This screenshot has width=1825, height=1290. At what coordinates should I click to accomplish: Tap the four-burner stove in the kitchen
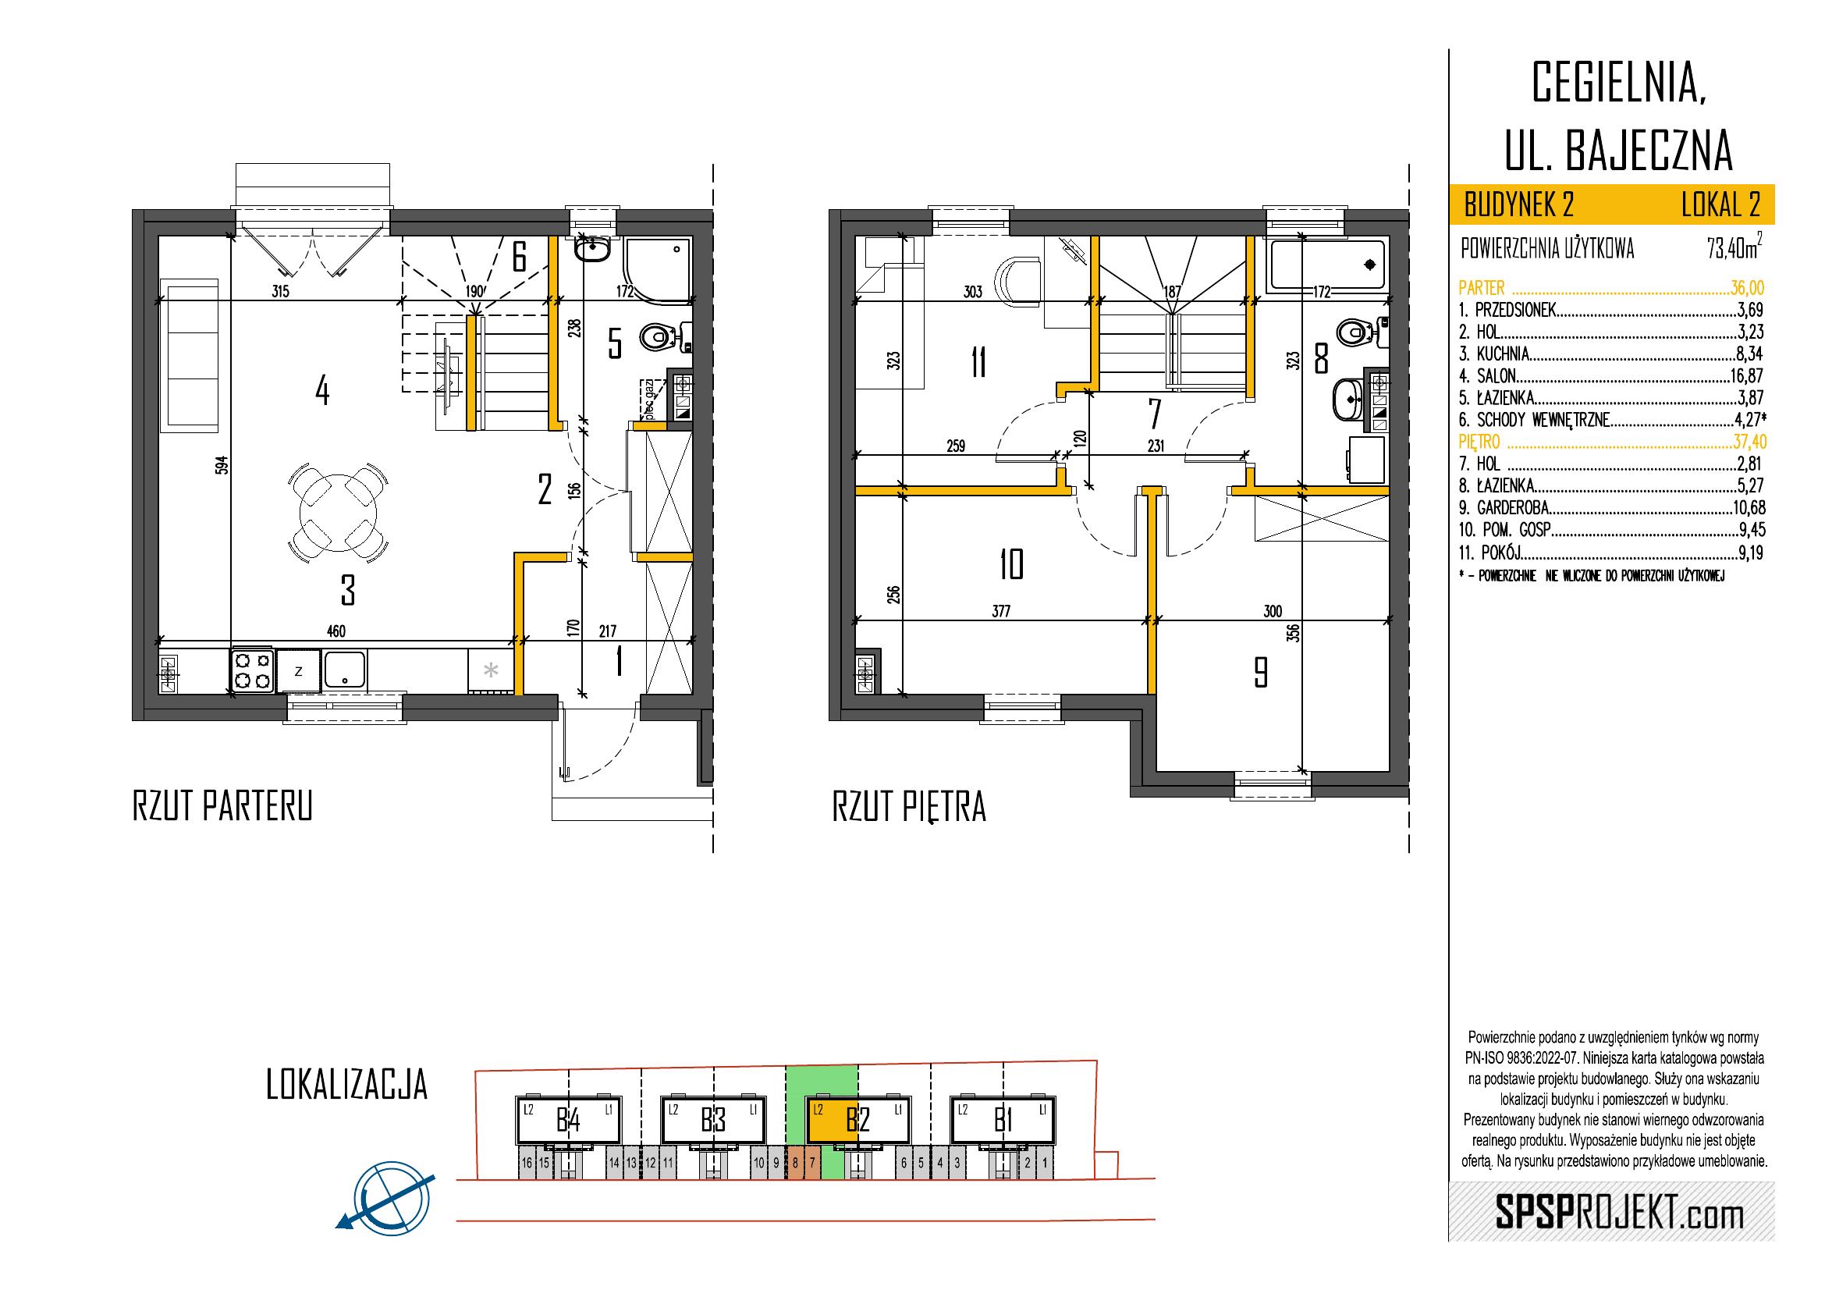click(253, 670)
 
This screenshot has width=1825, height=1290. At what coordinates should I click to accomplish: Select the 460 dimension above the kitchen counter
click(336, 632)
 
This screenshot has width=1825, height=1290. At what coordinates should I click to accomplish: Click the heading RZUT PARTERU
click(222, 806)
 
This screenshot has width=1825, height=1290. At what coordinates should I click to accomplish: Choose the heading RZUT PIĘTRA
click(908, 808)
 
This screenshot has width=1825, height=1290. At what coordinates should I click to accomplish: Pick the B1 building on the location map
click(1003, 1121)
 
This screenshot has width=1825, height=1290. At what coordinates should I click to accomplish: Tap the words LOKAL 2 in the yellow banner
click(1721, 205)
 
